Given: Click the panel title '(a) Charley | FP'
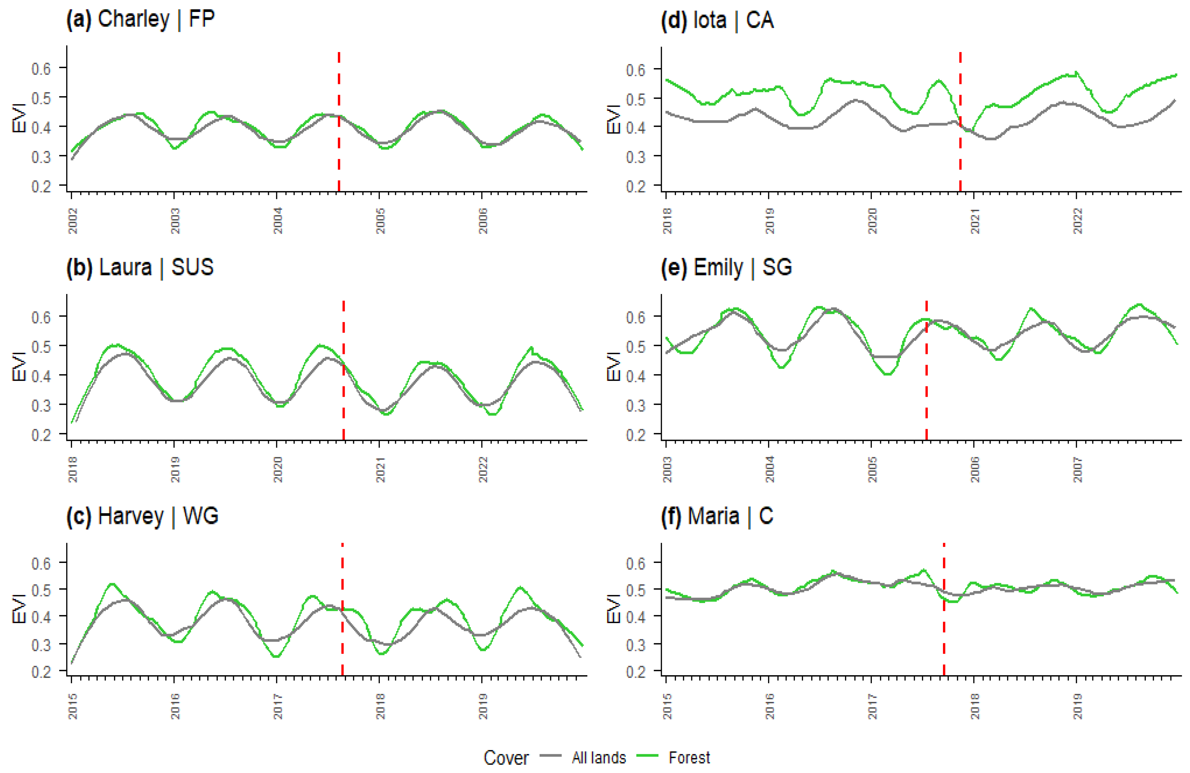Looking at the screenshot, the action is pos(140,20).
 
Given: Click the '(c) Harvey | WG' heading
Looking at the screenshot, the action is pos(143,516).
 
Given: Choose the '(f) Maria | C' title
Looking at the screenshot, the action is pos(717,516).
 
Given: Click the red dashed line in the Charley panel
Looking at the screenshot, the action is pos(339,122).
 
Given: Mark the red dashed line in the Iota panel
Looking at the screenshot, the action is pos(960,122).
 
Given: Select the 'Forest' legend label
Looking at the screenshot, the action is pos(689,757).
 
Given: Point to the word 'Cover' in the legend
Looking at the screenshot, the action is pos(506,757).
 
